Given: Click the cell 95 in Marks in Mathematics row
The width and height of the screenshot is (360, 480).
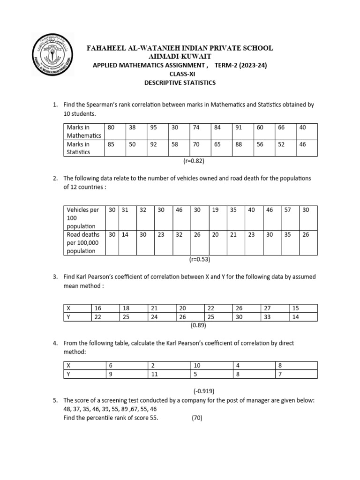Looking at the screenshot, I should pos(154,127).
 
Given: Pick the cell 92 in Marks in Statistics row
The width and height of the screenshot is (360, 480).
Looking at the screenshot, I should pos(154,144).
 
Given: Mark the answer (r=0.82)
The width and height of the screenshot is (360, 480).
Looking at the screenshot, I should pos(194,161).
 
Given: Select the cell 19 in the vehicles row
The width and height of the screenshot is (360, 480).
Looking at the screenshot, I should pos(216,210).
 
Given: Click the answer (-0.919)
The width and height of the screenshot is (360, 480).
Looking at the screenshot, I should pos(204,391).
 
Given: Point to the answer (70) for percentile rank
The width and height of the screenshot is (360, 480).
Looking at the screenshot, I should pos(197,418).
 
